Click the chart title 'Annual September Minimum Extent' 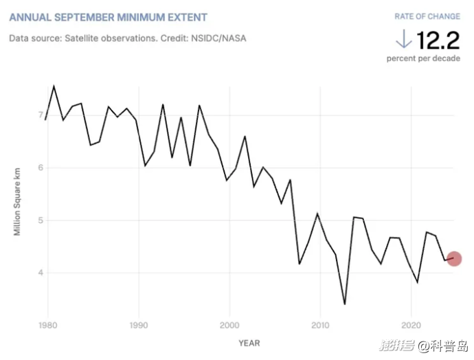point(109,16)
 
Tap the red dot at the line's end point(453,259)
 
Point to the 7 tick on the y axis point(41,115)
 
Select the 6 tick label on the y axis point(41,168)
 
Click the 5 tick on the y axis point(41,221)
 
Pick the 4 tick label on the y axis point(41,273)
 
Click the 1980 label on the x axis point(47,324)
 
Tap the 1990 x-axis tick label point(139,324)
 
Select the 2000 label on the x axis point(229,324)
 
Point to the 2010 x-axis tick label point(320,324)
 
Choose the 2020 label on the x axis point(411,324)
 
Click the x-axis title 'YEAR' point(249,342)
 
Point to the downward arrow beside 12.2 point(403,38)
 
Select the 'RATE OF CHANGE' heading point(427,16)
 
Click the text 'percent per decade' point(423,58)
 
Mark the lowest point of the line point(344,304)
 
